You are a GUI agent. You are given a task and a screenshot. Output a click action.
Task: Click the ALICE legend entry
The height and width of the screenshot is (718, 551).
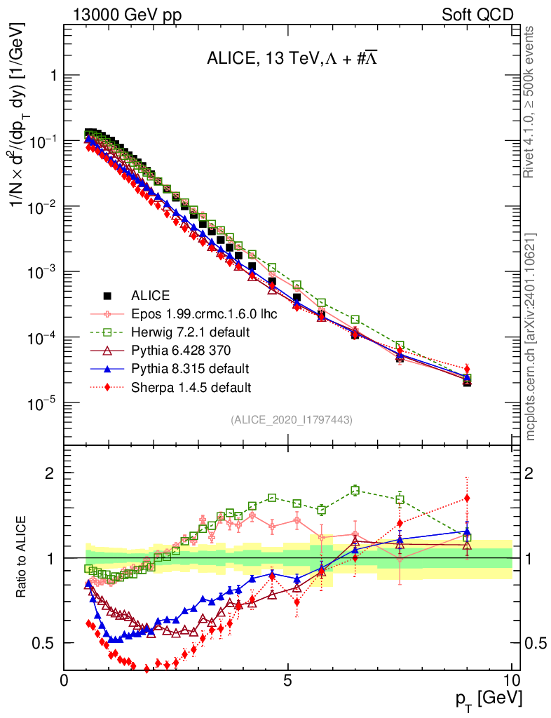point(151,295)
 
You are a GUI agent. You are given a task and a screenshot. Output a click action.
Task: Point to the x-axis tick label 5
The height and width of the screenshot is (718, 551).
point(288,680)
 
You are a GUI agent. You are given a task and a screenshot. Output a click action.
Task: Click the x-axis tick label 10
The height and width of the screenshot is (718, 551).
point(511,680)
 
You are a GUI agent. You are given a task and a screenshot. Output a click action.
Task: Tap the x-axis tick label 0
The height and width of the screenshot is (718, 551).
point(64,680)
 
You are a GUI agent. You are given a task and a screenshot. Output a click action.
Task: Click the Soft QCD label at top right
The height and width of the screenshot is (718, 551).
point(477,15)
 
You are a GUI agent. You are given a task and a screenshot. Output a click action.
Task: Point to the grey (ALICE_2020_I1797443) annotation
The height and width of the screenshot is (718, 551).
point(291,419)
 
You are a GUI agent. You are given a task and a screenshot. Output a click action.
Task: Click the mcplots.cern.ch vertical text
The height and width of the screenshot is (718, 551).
point(531,336)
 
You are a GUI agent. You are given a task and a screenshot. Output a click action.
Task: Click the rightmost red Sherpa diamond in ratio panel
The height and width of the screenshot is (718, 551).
point(467,499)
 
